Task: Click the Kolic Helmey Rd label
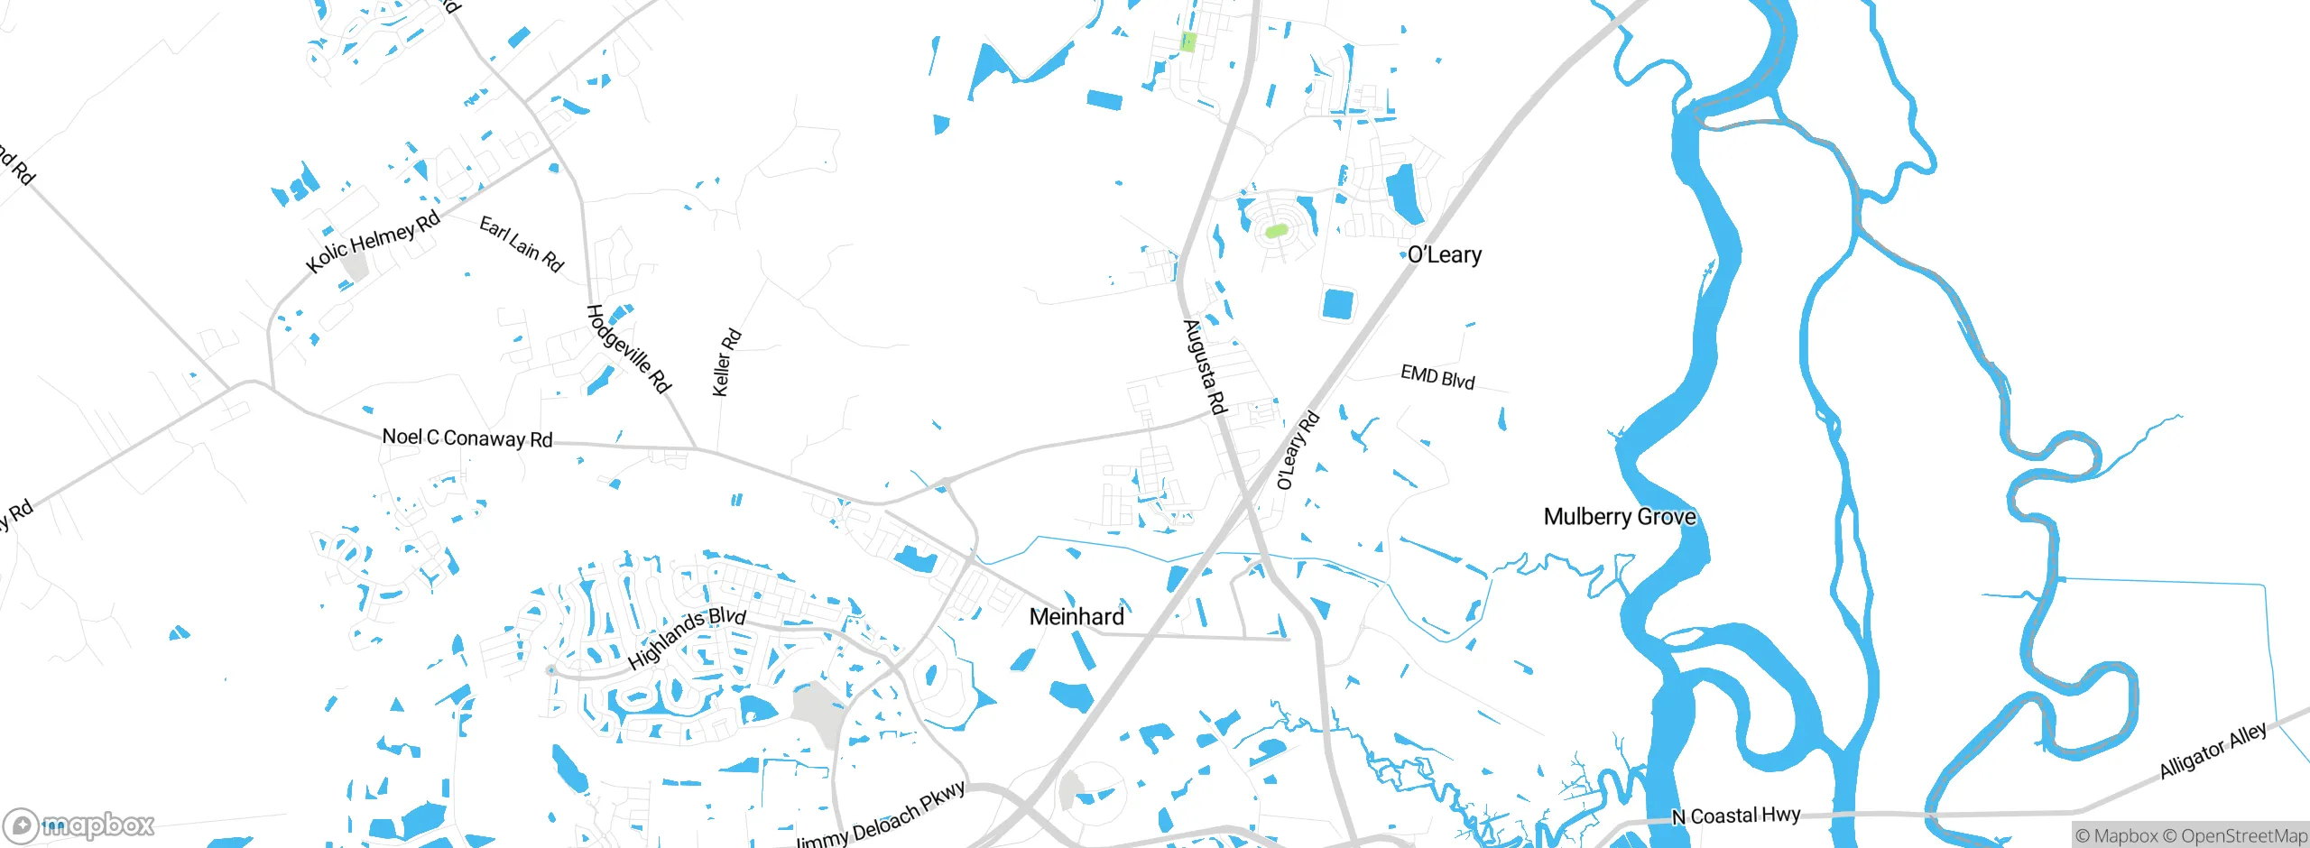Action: [x=373, y=241]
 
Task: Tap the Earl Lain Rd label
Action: [x=522, y=244]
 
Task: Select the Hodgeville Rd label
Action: [x=629, y=348]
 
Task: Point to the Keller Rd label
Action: [x=726, y=363]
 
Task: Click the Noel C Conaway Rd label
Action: [x=467, y=438]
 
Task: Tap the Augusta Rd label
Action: [x=1206, y=366]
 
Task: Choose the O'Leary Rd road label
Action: [x=1298, y=450]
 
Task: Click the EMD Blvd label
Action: [x=1437, y=376]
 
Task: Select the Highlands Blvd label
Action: [x=687, y=638]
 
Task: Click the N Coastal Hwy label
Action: [x=1736, y=816]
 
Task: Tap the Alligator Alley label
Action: [x=2213, y=750]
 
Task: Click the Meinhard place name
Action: [x=1076, y=617]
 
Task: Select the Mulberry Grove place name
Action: [x=1620, y=517]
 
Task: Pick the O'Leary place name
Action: [x=1445, y=255]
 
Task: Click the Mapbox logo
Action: [x=79, y=825]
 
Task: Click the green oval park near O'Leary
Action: [x=1275, y=231]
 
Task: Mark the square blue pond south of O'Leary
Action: [x=1338, y=304]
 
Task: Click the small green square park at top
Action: [x=1188, y=41]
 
